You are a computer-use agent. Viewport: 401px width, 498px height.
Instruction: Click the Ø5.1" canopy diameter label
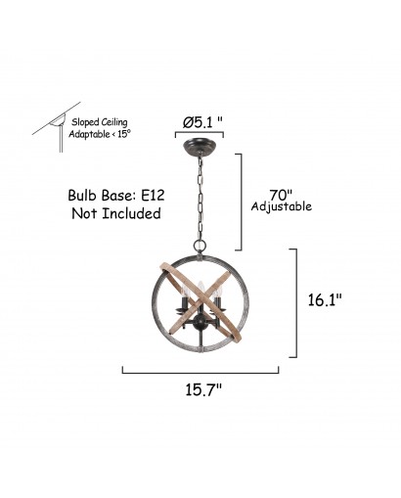tap(202, 122)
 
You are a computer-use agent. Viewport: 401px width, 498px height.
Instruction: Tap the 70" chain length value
tap(281, 195)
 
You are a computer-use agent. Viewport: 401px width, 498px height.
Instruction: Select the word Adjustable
tap(282, 206)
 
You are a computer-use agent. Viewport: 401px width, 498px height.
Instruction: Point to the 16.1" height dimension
tap(325, 299)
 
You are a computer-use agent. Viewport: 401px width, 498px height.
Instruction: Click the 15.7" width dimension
tap(203, 389)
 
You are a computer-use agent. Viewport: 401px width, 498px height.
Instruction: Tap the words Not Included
tap(116, 213)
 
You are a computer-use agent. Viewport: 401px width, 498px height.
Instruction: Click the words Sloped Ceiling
tap(100, 122)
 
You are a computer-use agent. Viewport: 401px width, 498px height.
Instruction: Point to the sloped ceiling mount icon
tap(56, 126)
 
